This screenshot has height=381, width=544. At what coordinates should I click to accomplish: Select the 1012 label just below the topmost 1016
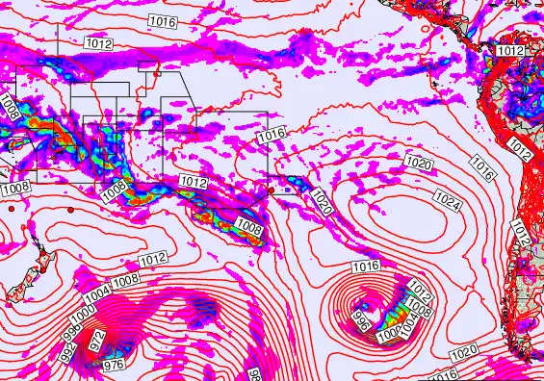click(x=98, y=43)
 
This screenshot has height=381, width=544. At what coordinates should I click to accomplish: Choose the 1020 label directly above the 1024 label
click(x=418, y=163)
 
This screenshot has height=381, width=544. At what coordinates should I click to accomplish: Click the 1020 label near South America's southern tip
click(x=463, y=354)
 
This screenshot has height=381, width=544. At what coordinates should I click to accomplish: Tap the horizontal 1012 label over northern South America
click(x=511, y=50)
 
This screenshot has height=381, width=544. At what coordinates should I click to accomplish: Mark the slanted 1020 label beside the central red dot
click(x=322, y=202)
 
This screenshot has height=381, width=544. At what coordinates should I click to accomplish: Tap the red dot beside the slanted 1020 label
click(x=272, y=190)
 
